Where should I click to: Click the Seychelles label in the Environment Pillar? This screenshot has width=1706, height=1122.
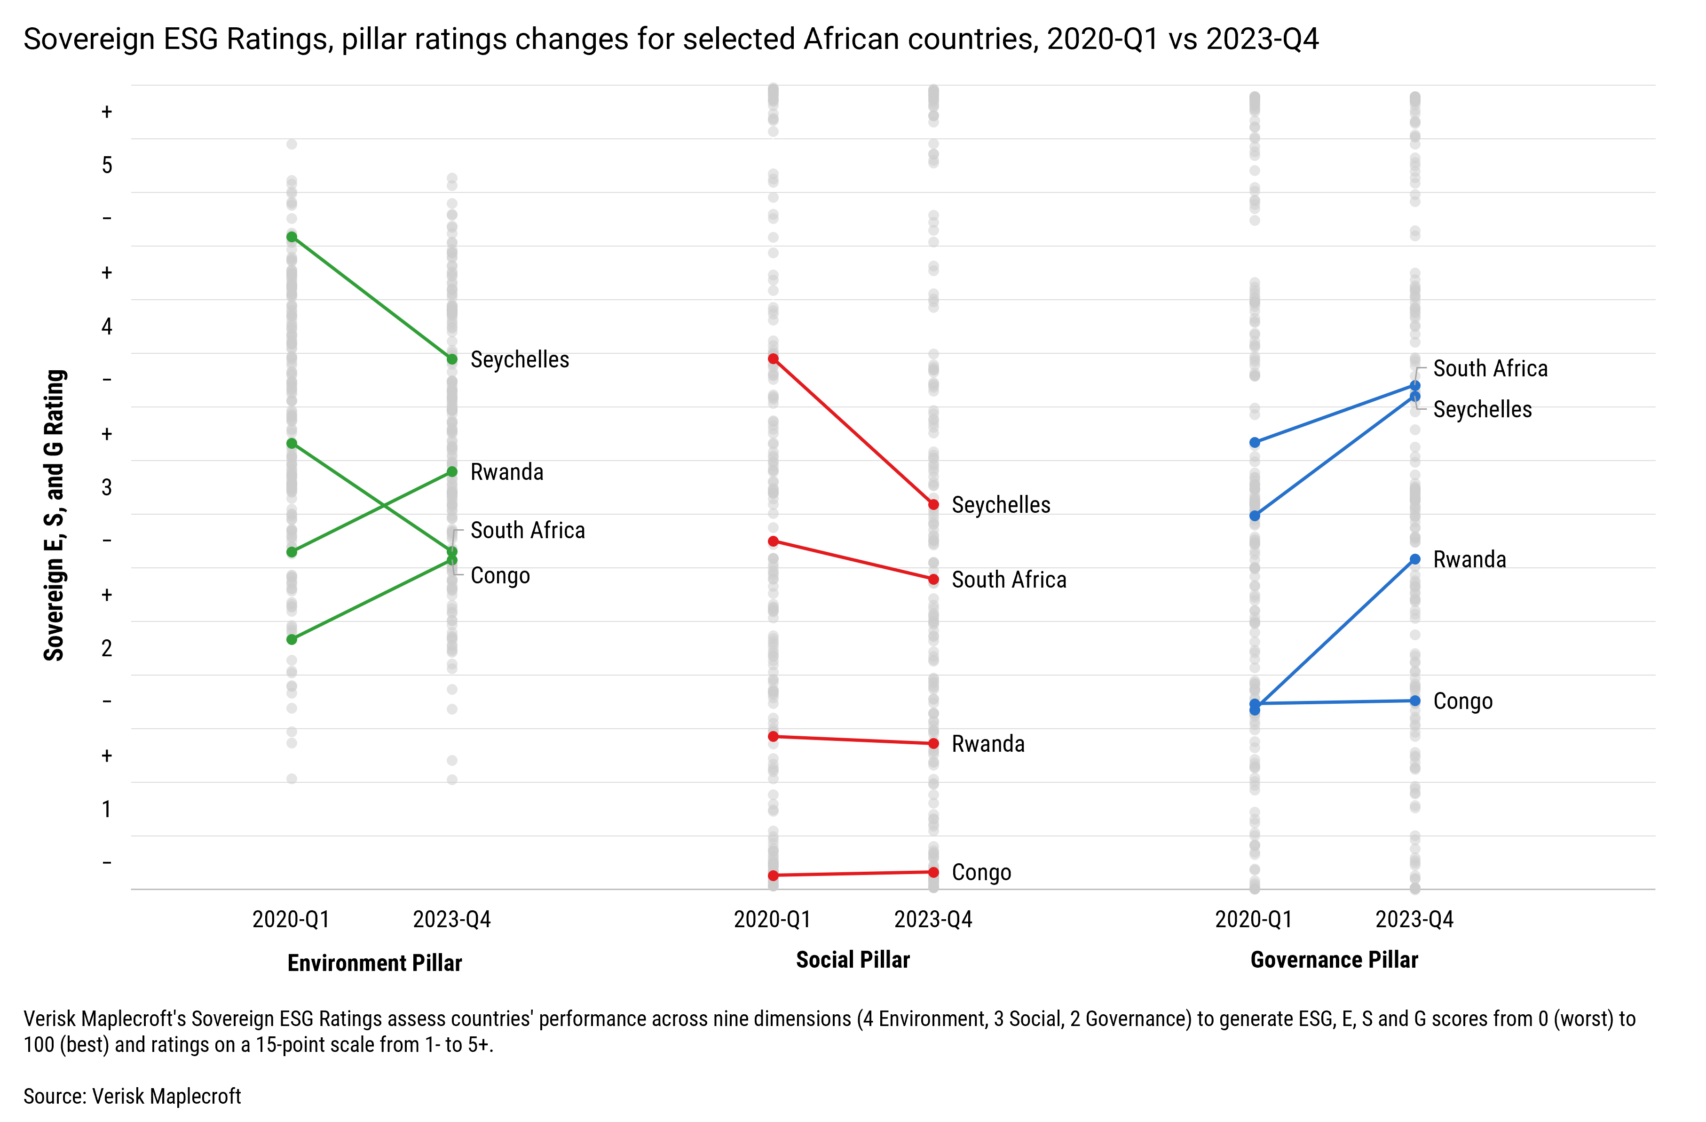(519, 359)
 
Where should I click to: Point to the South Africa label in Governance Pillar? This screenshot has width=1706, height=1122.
(1490, 368)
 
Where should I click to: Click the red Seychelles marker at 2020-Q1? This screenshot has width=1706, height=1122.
(773, 358)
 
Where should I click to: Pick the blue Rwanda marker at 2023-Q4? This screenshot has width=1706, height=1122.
(1414, 559)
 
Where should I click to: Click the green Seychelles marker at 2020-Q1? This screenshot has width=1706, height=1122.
(292, 237)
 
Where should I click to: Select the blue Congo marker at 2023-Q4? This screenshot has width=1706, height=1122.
(1414, 700)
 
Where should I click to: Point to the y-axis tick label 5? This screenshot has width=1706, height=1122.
(107, 166)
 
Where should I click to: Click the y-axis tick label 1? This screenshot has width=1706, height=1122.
(107, 810)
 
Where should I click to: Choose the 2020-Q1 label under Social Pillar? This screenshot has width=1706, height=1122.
(772, 919)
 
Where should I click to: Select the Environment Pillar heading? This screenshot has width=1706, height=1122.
(374, 963)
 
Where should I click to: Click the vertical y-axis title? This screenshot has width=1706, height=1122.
(55, 515)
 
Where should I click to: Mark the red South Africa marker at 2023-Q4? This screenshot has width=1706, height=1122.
(933, 579)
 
